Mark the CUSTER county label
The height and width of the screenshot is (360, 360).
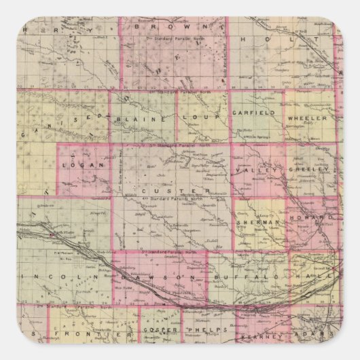180,191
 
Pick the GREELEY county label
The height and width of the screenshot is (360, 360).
307,170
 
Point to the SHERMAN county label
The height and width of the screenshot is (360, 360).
258,222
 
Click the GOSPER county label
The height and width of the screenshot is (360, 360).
160,330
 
